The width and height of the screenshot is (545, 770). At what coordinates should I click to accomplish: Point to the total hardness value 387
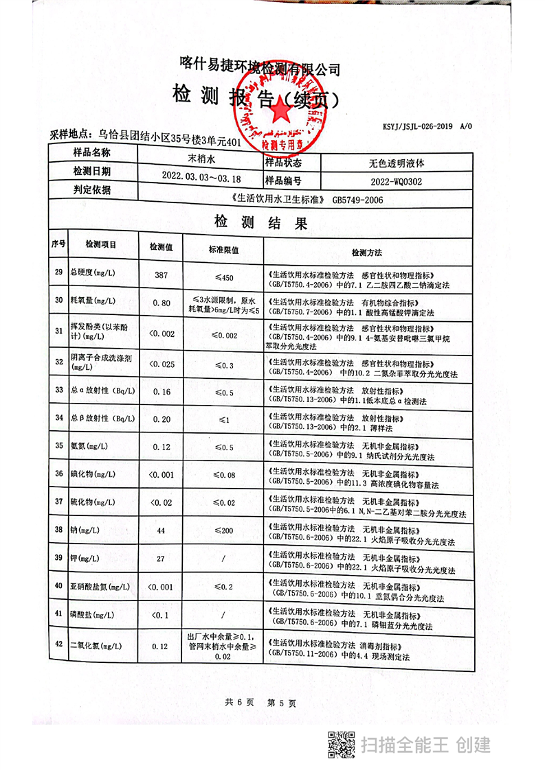click(162, 275)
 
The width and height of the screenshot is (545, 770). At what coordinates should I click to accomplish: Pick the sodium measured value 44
click(162, 530)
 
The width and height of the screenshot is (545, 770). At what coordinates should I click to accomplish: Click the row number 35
click(58, 446)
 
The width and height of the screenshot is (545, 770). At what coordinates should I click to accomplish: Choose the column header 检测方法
click(368, 253)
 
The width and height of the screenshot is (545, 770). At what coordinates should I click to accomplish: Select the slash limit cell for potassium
click(224, 559)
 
